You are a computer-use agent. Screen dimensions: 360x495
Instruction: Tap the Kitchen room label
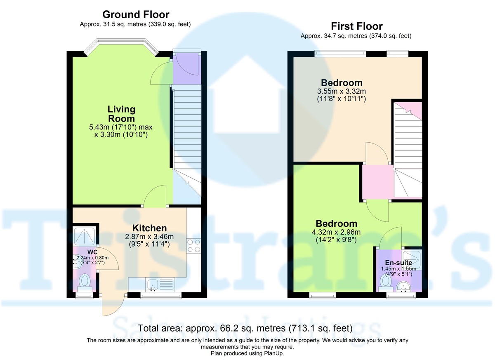(149, 228)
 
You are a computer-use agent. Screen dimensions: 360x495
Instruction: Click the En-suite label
(396, 262)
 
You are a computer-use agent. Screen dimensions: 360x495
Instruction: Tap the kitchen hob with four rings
(193, 246)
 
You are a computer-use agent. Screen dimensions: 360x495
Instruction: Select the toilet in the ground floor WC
(85, 282)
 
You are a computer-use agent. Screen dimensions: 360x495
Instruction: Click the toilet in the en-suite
(387, 281)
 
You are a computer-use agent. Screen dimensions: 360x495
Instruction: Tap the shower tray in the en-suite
(411, 259)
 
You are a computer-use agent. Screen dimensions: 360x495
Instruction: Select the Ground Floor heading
(135, 15)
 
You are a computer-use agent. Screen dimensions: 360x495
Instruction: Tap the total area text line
(245, 328)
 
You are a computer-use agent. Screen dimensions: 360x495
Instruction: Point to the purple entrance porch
(186, 68)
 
